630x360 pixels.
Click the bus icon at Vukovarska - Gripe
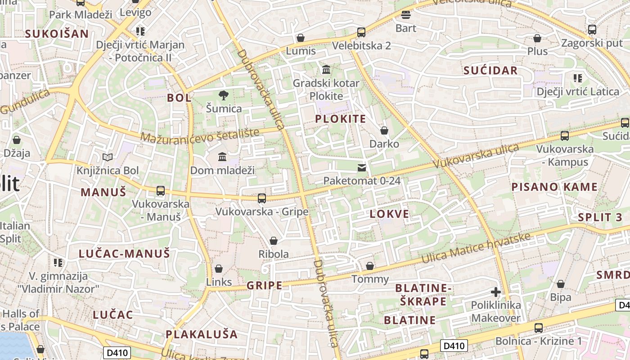click(x=261, y=198)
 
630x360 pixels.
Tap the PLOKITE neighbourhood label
click(x=340, y=119)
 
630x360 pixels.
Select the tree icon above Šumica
click(x=223, y=95)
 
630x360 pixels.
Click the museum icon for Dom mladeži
click(x=222, y=157)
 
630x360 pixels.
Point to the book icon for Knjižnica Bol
click(x=107, y=157)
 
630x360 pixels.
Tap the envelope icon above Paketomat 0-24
click(x=362, y=168)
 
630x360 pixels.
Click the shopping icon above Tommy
click(x=370, y=266)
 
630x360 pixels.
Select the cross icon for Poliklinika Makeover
click(x=495, y=292)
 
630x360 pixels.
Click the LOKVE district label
click(x=389, y=214)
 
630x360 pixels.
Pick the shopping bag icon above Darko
click(x=384, y=130)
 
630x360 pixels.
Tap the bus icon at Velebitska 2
click(x=361, y=32)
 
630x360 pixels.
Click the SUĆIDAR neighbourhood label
click(x=490, y=71)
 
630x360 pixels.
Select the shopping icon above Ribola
click(x=273, y=241)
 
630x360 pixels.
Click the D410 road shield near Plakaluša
click(x=116, y=352)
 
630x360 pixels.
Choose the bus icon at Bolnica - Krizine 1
click(x=538, y=328)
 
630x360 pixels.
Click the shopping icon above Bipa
click(x=560, y=284)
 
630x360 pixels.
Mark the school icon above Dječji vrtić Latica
click(x=578, y=78)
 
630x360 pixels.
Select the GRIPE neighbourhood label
click(x=264, y=285)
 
